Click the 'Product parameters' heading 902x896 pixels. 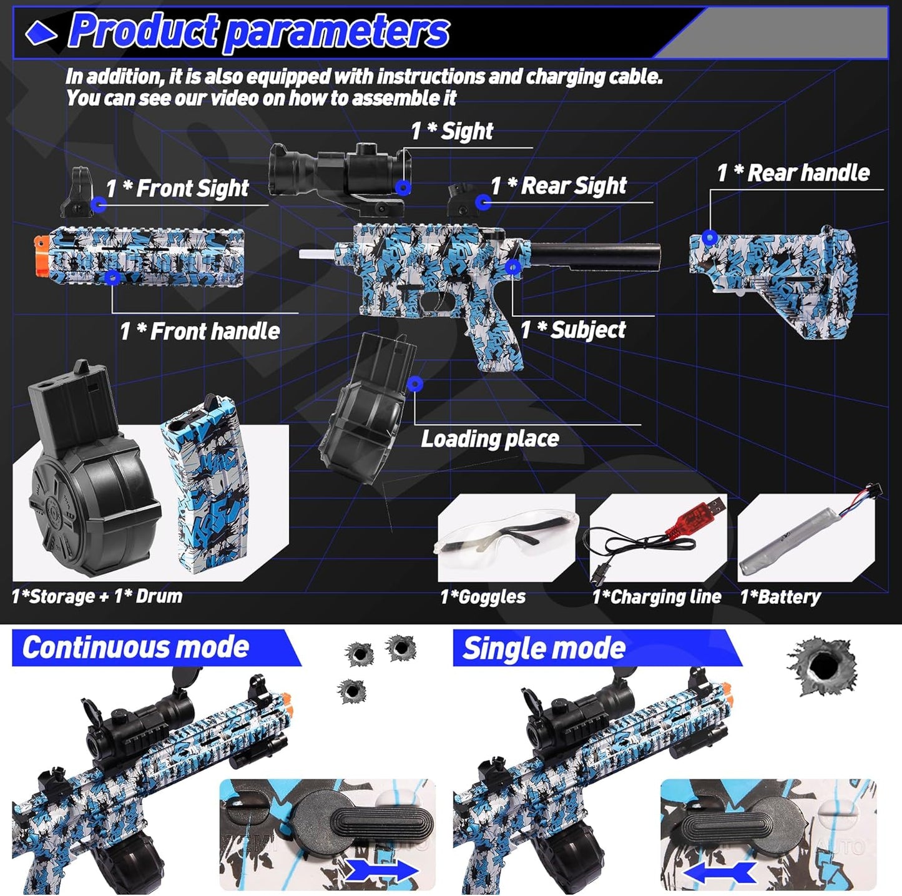[x=259, y=31]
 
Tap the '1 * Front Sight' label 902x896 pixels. [x=177, y=189]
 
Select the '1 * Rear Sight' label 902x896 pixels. [x=559, y=186]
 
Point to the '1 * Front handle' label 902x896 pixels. [x=200, y=332]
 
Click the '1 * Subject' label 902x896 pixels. [x=573, y=330]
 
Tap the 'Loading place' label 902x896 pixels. [x=490, y=439]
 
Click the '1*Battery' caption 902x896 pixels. [x=780, y=597]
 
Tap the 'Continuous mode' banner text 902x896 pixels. [x=136, y=647]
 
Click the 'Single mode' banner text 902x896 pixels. [x=544, y=649]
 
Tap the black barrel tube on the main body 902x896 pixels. [x=596, y=255]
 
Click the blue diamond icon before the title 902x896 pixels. [x=41, y=32]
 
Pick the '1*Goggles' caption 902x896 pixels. [x=483, y=597]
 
